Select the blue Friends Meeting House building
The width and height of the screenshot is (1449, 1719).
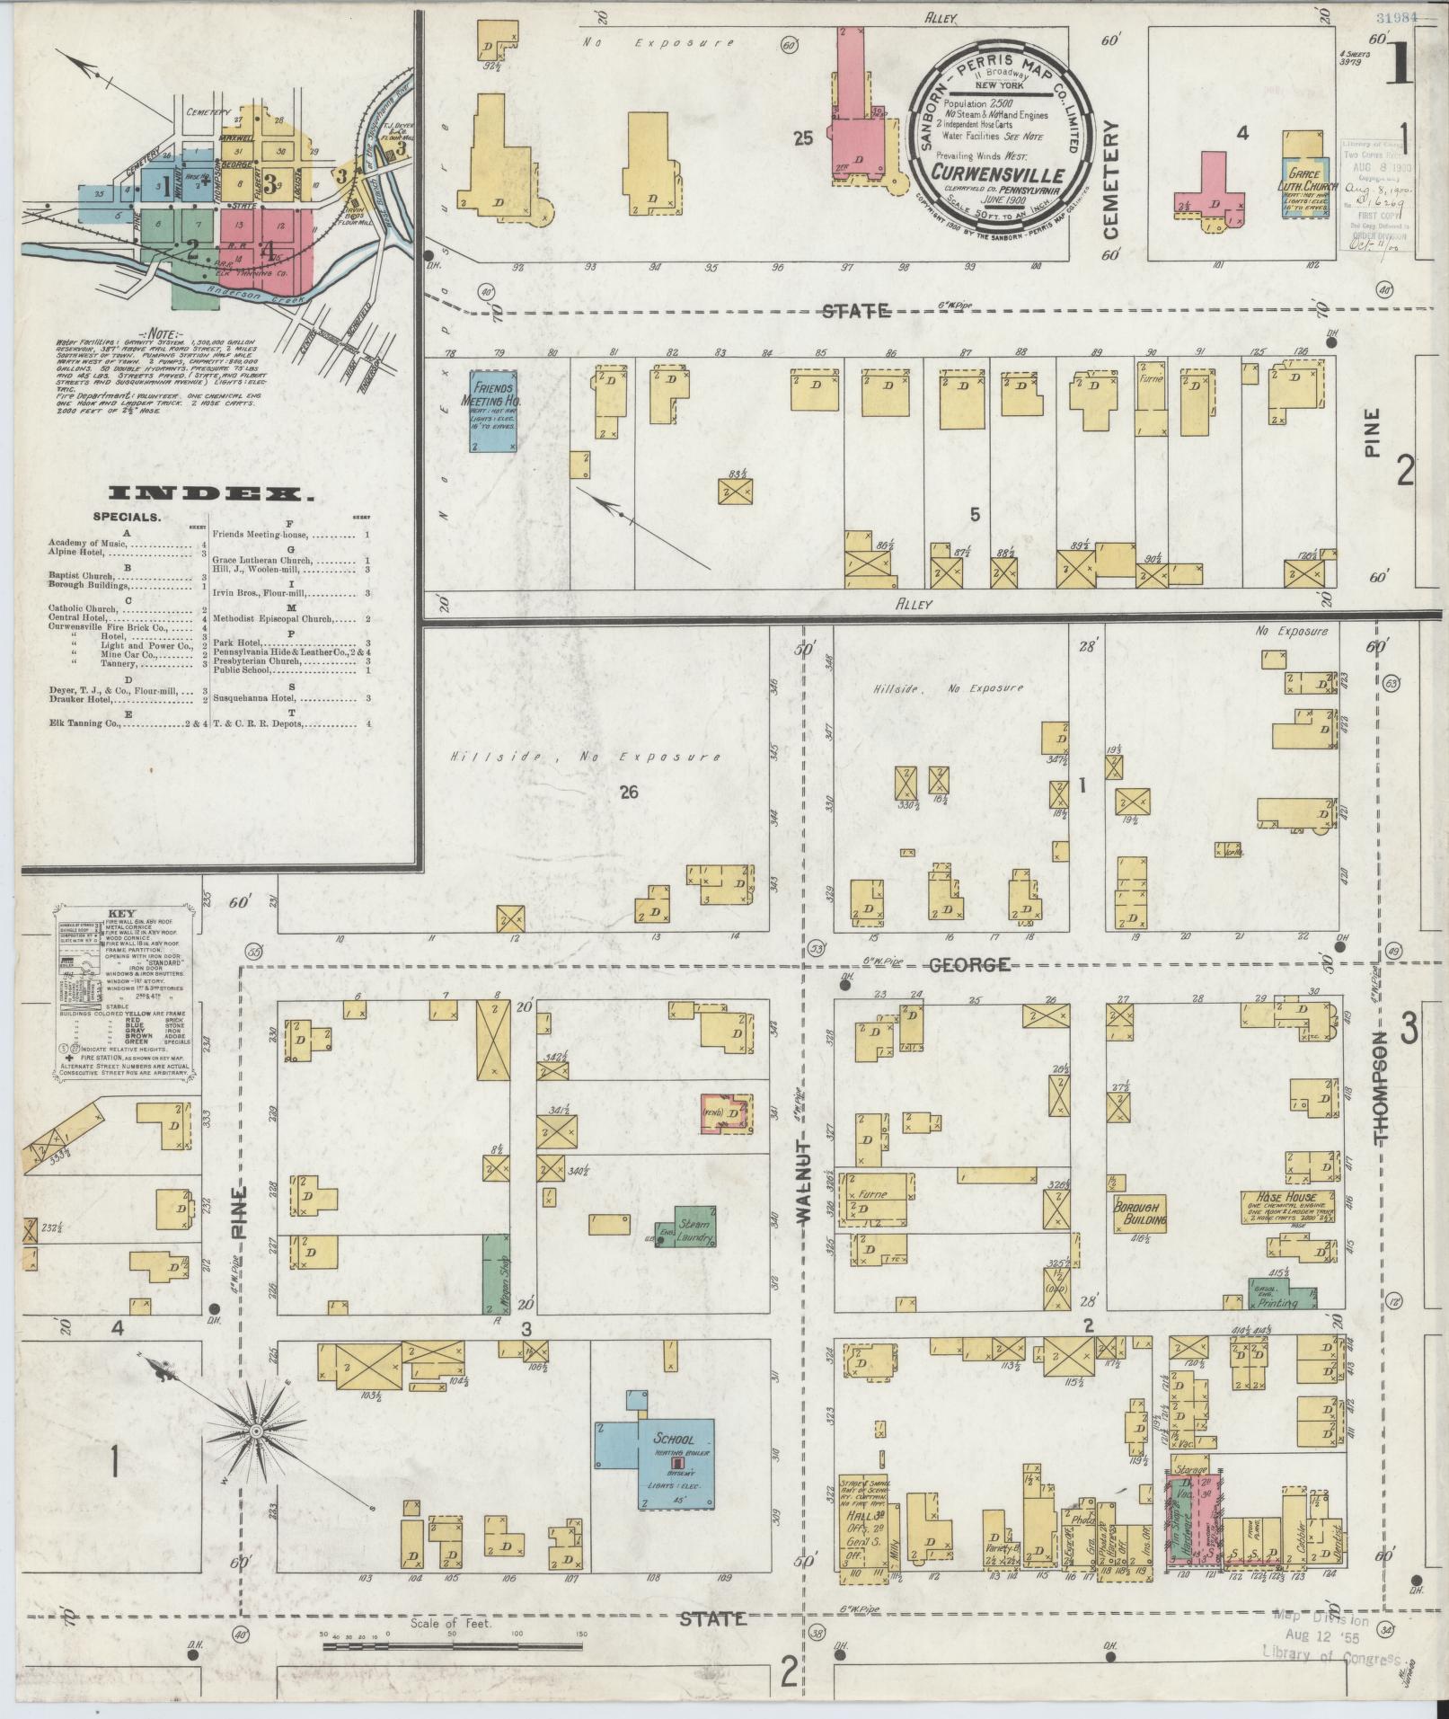point(492,410)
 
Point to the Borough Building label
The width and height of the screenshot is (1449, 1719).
point(1140,1213)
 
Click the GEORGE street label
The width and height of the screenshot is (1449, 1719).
point(968,965)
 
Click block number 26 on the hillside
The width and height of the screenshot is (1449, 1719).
point(628,793)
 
